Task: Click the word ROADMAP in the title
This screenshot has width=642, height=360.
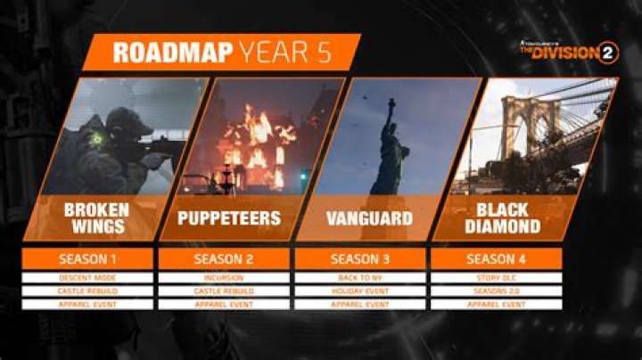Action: pos(169,53)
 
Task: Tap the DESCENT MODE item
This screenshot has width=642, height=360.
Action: pos(87,278)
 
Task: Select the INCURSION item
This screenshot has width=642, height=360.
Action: pos(224,278)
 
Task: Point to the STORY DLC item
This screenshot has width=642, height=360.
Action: pos(496,278)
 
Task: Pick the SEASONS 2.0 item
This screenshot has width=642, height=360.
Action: pos(496,291)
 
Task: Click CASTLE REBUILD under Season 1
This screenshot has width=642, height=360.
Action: pos(87,291)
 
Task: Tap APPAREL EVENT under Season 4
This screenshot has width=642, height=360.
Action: pos(496,305)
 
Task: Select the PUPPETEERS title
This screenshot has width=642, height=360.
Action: pos(230,217)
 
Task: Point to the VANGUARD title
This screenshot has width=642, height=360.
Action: pos(366,217)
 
